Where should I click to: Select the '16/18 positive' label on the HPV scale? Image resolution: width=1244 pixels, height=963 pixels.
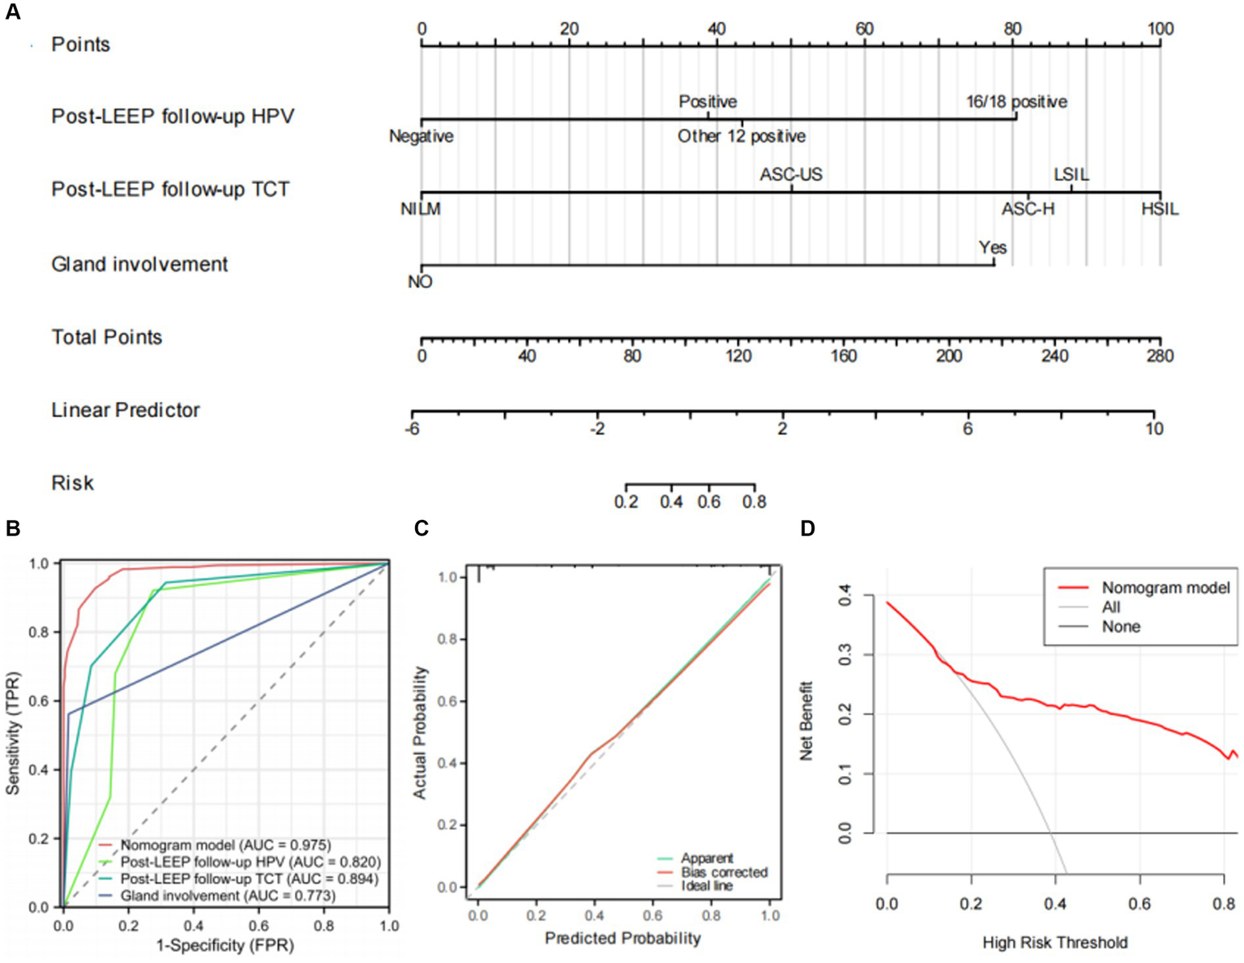click(x=1016, y=102)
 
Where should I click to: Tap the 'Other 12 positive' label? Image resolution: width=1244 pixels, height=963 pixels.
click(x=742, y=136)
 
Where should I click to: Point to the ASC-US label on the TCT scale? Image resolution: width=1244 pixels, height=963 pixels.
click(x=791, y=175)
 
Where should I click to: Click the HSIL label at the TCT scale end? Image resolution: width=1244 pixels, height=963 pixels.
click(x=1160, y=210)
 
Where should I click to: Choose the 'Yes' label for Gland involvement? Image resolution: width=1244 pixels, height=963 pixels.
click(x=992, y=248)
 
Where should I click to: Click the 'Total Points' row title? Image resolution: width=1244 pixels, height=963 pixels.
click(x=107, y=337)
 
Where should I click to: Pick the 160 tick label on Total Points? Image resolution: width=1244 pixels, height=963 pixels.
click(x=844, y=356)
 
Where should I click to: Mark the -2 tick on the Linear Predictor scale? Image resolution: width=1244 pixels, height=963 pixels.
click(x=597, y=429)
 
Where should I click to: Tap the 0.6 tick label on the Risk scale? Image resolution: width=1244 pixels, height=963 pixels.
click(x=709, y=502)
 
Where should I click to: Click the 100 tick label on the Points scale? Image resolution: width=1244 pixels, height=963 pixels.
click(x=1160, y=29)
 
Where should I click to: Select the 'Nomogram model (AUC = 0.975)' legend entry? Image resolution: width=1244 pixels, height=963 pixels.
click(x=225, y=846)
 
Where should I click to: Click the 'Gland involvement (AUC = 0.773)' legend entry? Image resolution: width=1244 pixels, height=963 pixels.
click(x=228, y=896)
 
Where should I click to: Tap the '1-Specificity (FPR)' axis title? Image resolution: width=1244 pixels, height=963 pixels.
click(x=224, y=945)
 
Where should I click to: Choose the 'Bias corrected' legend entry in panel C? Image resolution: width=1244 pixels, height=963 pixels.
click(x=724, y=872)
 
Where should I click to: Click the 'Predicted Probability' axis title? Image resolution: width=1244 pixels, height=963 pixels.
click(x=622, y=938)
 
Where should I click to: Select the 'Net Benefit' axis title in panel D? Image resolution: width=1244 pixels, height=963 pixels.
click(x=806, y=721)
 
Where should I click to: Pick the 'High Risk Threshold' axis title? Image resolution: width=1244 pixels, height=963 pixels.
click(x=1054, y=943)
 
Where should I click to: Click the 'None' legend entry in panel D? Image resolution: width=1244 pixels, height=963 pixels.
click(x=1121, y=627)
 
